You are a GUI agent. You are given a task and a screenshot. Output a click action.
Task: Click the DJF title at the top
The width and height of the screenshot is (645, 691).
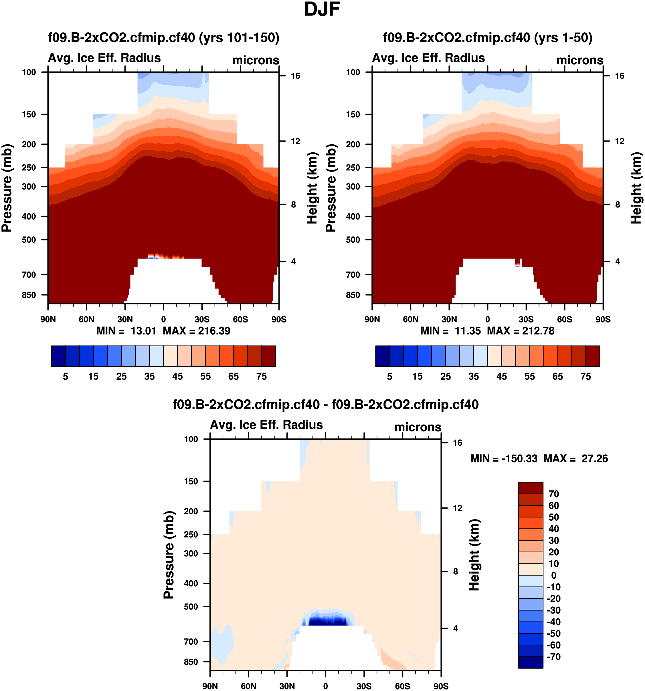point(322,9)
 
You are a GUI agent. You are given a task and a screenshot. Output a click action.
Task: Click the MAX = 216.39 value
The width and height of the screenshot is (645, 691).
point(197,330)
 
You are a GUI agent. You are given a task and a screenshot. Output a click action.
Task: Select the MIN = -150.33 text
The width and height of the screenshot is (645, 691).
point(504,459)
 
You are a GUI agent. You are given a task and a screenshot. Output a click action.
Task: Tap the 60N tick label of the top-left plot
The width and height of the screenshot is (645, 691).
point(86,319)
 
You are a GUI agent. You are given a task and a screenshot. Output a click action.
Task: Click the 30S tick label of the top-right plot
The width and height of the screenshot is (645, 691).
point(526,319)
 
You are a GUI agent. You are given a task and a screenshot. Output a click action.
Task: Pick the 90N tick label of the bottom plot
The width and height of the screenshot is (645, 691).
point(210,686)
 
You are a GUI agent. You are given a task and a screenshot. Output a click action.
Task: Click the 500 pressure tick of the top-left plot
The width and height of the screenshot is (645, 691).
point(29,240)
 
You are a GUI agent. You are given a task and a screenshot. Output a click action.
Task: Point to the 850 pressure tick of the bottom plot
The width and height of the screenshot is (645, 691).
point(191,662)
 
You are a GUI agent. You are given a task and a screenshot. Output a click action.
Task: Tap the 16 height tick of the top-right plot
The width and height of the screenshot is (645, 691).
point(620,76)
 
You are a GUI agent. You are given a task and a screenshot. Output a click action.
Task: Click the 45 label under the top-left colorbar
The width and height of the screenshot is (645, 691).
point(177,377)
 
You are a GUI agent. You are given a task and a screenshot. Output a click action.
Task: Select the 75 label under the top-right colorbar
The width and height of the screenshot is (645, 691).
point(586,377)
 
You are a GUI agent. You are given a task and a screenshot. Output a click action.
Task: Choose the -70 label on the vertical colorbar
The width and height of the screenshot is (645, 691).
point(554,657)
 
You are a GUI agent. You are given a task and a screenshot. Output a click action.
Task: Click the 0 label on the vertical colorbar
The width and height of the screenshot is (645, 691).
point(554,575)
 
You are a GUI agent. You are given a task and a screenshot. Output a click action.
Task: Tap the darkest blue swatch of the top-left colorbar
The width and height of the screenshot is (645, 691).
point(58,356)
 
